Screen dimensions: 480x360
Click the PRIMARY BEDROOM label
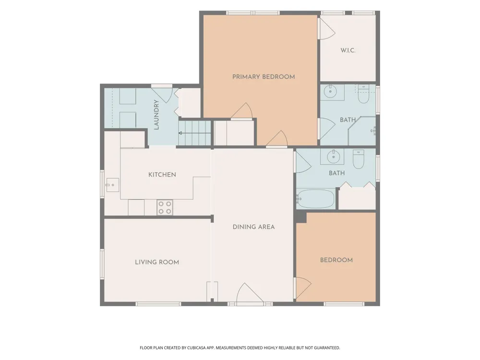pos(264,77)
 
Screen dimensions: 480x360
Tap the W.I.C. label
pos(348,50)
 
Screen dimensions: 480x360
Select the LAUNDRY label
pos(156,115)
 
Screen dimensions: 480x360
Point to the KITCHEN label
pos(162,175)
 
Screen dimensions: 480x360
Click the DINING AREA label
pos(254,227)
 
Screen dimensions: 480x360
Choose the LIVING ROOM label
pos(157,262)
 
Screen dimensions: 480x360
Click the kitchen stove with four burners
pos(165,207)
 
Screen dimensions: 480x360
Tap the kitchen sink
pos(112,185)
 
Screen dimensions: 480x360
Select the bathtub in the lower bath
pos(316,199)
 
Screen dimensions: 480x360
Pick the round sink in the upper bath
pos(330,91)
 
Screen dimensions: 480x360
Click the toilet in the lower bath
pos(359,159)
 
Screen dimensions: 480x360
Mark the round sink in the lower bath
pos(334,157)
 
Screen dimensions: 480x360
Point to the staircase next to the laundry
pos(195,133)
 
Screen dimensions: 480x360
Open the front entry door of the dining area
pos(250,293)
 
